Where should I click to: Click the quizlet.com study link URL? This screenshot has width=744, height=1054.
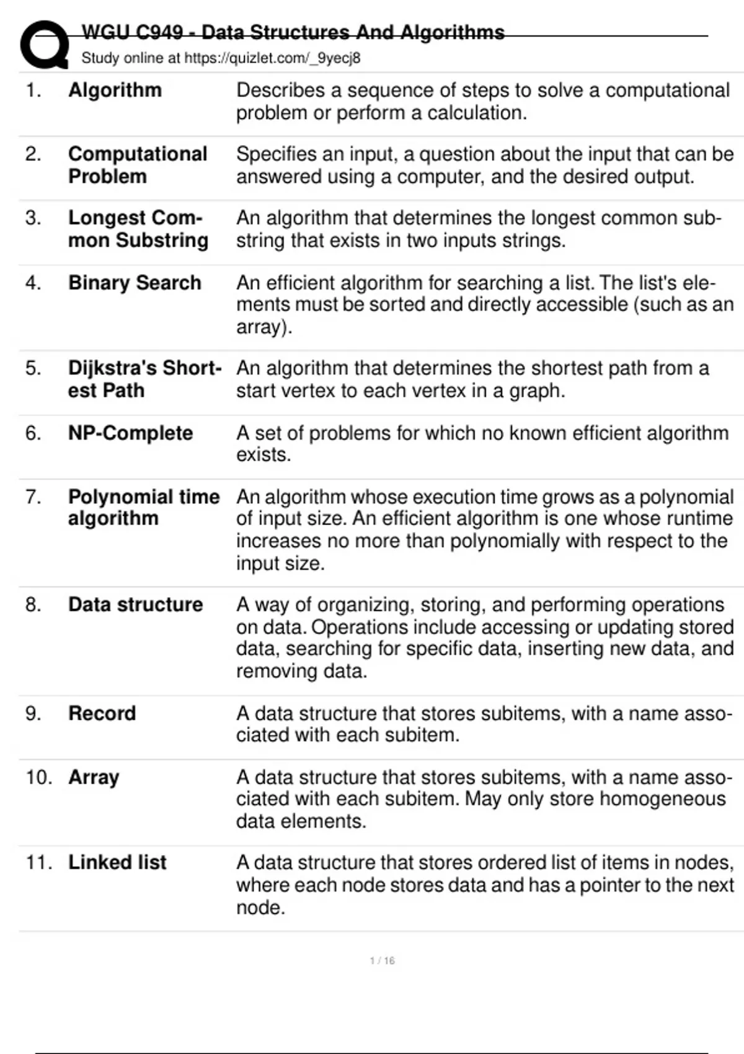tap(272, 58)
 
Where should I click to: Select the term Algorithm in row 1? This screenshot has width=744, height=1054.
tap(115, 91)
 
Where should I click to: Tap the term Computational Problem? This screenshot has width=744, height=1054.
tap(137, 165)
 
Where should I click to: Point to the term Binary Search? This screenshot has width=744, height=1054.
tap(135, 283)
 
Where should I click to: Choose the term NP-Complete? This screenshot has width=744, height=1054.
tap(130, 433)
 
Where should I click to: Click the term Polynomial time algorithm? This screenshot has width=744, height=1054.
tap(143, 507)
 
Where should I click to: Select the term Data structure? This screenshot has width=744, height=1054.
tap(135, 604)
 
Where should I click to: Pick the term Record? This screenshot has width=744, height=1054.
tap(102, 713)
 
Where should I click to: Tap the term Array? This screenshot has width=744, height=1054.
tap(94, 777)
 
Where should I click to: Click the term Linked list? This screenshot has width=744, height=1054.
tap(117, 862)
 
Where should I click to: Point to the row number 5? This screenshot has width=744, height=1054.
tap(33, 368)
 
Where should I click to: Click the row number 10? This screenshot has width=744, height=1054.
tap(38, 777)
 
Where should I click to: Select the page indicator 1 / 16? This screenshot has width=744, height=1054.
tap(382, 960)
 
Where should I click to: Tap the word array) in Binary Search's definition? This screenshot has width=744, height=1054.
tap(263, 327)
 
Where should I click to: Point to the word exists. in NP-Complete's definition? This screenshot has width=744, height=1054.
tap(263, 454)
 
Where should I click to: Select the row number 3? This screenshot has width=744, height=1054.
tap(33, 218)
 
